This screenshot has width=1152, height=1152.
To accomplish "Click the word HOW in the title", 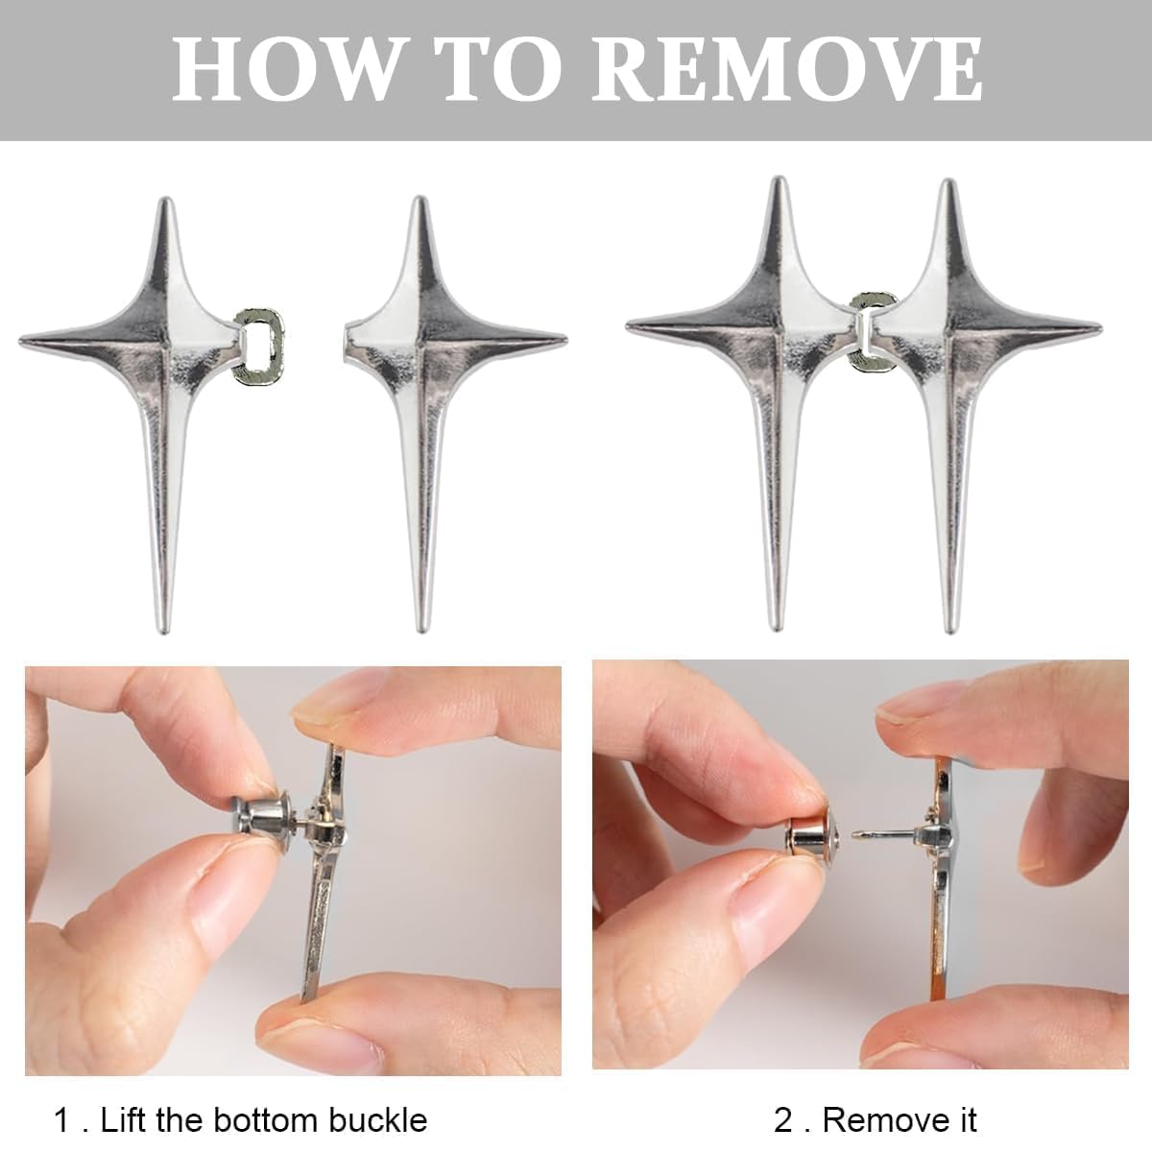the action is pos(285,69).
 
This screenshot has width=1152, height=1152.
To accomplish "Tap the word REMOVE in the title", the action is pos(785,69).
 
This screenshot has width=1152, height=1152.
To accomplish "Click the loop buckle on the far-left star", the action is pos(258,345).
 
